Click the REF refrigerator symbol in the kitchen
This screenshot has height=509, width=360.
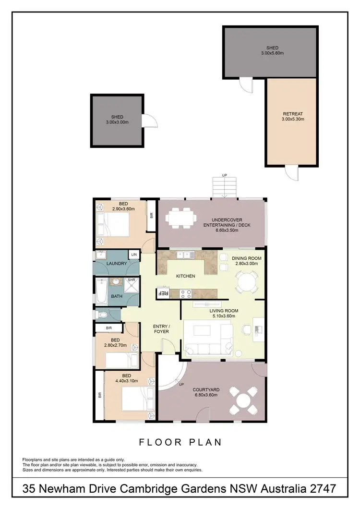[x=163, y=293]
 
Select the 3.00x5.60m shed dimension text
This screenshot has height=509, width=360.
[x=273, y=54]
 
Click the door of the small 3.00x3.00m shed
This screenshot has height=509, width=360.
[x=149, y=119]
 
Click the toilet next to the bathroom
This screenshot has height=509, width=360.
[x=101, y=315]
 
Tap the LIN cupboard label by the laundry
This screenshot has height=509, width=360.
[x=133, y=254]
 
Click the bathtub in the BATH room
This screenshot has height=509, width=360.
[x=102, y=292]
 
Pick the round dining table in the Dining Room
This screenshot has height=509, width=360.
[x=247, y=280]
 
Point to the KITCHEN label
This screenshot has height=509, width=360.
[x=185, y=276]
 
